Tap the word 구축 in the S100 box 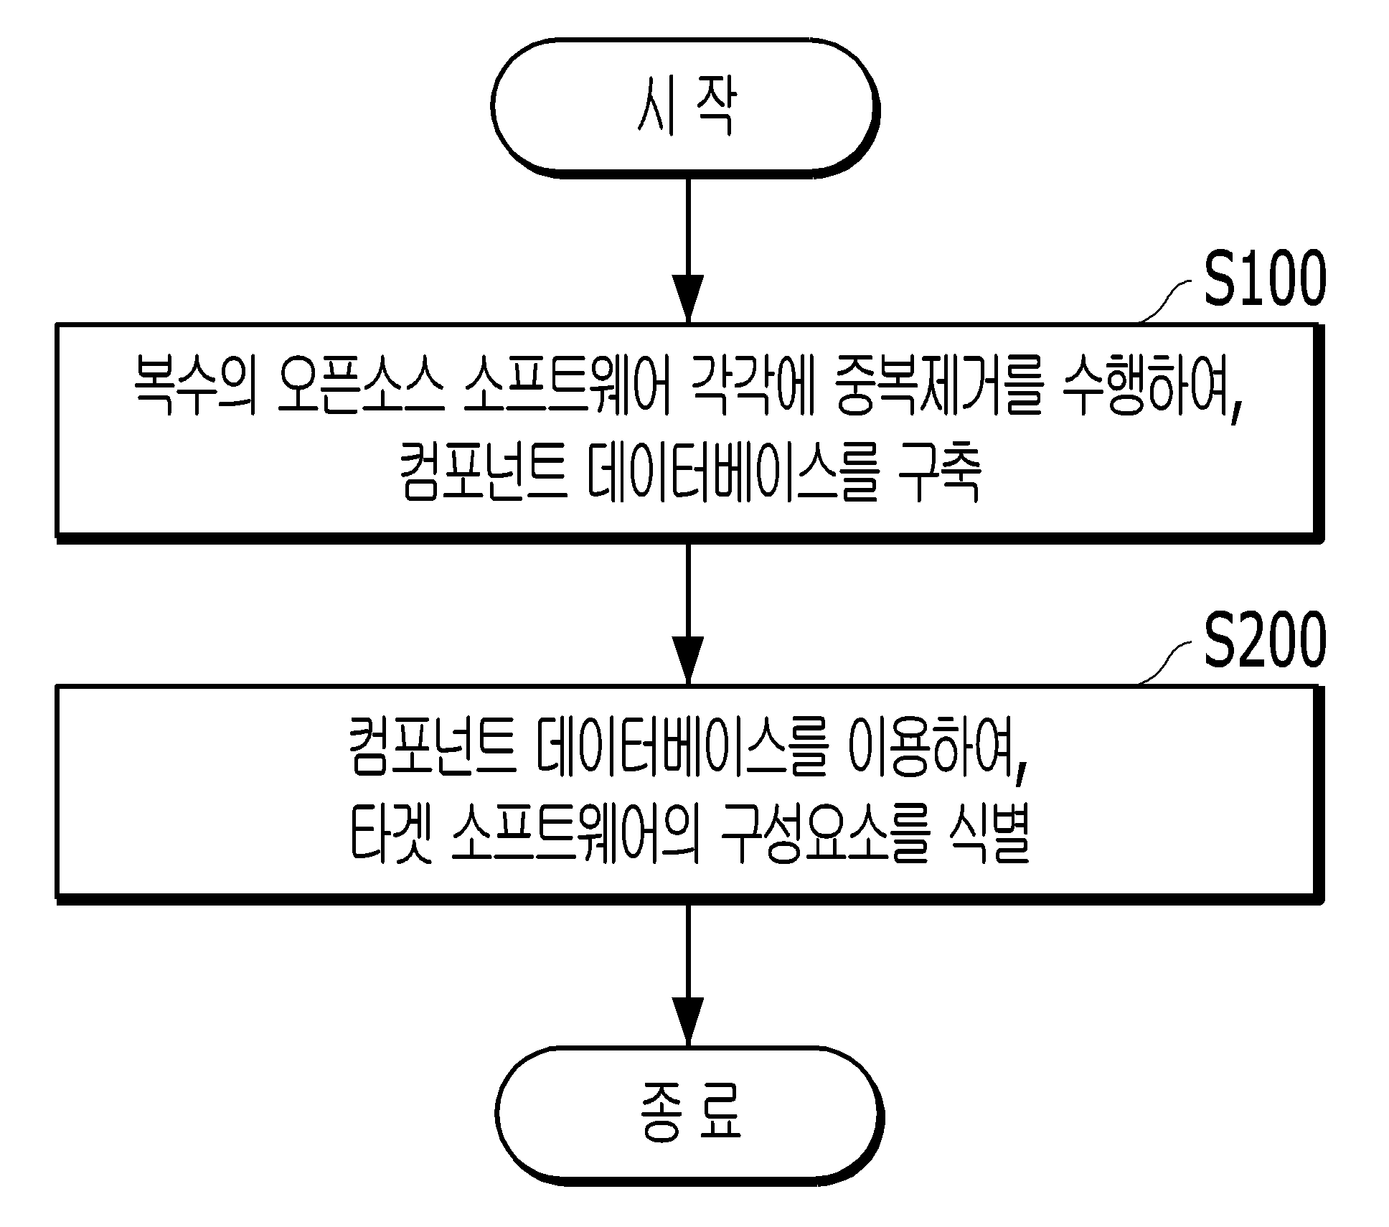click(x=939, y=474)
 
